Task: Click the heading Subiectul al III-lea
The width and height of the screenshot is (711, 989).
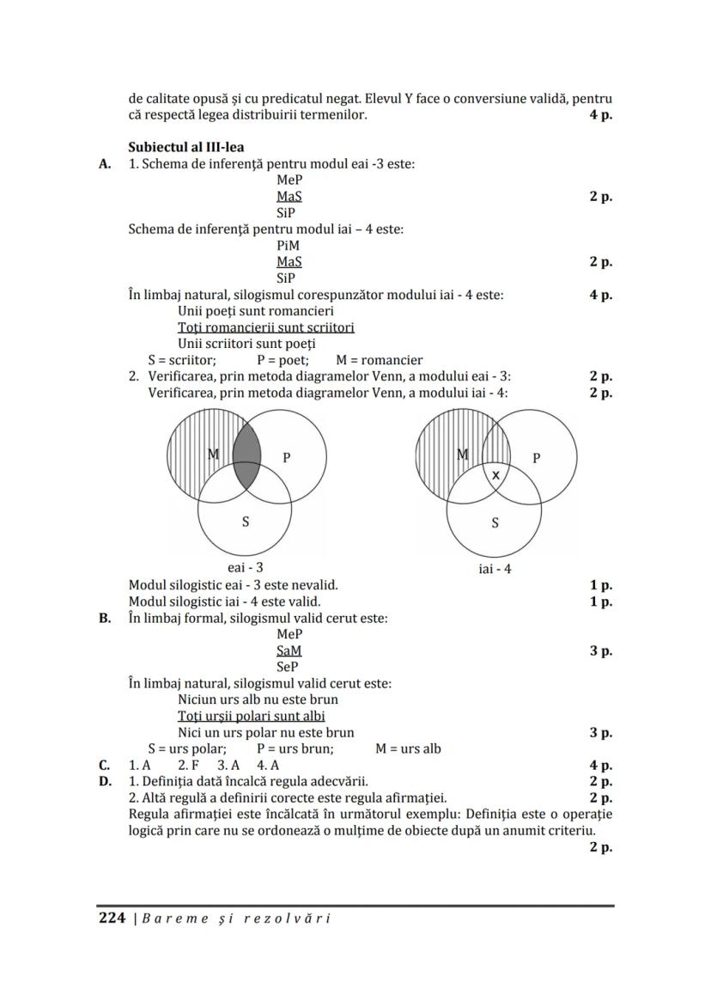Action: (185, 147)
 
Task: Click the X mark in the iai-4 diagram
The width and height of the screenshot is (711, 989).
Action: (495, 474)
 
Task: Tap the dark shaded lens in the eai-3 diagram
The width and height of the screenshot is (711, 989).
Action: (246, 455)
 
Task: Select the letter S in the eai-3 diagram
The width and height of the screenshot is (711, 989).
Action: (246, 522)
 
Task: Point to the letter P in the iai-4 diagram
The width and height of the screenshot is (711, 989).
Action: (537, 458)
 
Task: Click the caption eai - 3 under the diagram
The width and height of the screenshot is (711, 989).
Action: (246, 567)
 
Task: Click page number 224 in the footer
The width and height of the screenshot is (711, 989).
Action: (112, 918)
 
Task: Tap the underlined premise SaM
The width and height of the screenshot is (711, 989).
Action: (289, 650)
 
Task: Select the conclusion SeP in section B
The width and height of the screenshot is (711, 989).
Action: (289, 667)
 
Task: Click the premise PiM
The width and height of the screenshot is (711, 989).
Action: (289, 245)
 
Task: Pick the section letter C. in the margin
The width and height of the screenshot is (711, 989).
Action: (105, 765)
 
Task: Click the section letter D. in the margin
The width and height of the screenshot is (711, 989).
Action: (105, 781)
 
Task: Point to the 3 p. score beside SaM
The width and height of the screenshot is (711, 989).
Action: (600, 650)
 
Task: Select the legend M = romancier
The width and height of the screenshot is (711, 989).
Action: (380, 360)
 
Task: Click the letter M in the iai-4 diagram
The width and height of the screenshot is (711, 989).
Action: (463, 455)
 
